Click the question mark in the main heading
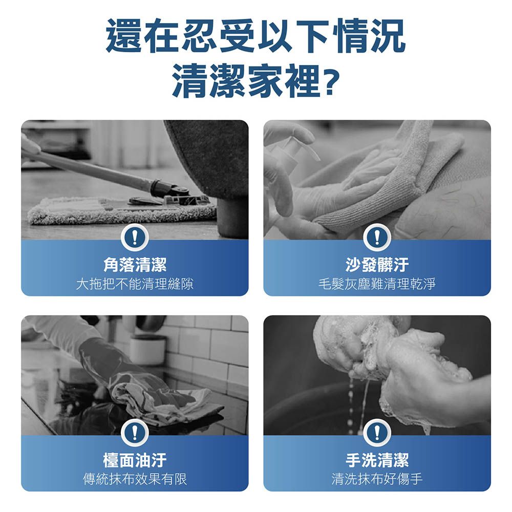[331, 81]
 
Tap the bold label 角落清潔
[135, 265]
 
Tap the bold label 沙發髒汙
[377, 265]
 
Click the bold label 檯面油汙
[135, 460]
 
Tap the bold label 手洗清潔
[377, 460]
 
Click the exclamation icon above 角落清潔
[135, 237]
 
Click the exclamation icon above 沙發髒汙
[377, 237]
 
